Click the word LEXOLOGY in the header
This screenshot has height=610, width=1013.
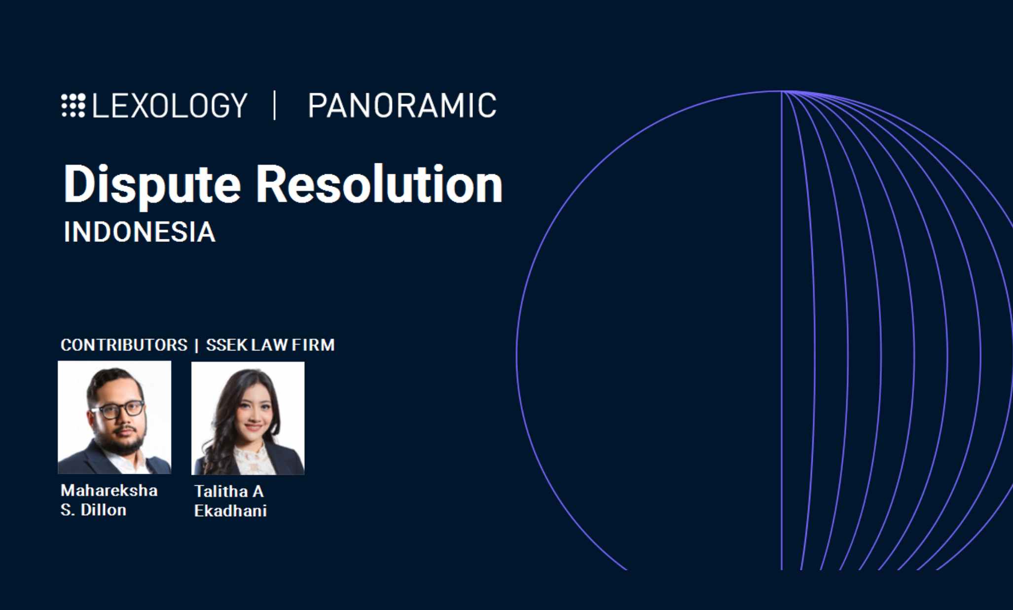coord(169,105)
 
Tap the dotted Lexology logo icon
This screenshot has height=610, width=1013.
coord(73,105)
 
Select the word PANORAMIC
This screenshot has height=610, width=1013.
coord(402,105)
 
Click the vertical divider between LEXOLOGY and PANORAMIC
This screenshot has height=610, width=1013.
coord(275,105)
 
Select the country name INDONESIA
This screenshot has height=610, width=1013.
coord(140,232)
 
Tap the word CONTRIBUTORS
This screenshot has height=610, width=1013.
coord(124,344)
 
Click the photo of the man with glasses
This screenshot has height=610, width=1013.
coord(114,418)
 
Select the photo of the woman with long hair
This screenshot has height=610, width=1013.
coord(248,419)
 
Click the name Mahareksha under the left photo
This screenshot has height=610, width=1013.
coord(109,490)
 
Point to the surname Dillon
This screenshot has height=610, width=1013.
coord(103,509)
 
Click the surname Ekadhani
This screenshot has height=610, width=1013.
coord(230,510)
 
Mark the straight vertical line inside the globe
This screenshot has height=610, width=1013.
coord(782,330)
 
